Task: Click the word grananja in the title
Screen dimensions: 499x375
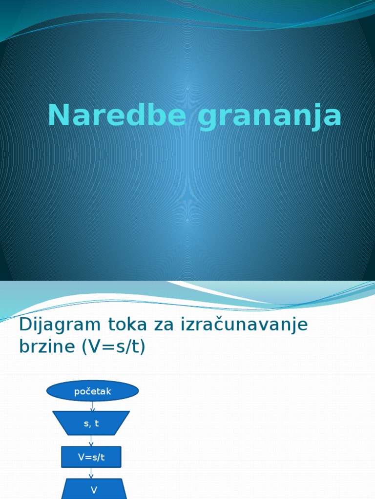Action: coord(270,117)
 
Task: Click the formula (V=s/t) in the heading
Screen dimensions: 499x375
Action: coord(114,347)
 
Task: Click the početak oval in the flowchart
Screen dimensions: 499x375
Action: coord(93,391)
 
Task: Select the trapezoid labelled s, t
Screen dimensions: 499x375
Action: coord(91,423)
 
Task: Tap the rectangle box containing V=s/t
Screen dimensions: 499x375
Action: coord(91,457)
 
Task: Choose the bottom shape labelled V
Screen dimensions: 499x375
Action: coord(94,489)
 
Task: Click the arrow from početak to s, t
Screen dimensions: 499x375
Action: coord(92,406)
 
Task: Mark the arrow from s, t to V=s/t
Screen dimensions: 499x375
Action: coord(91,441)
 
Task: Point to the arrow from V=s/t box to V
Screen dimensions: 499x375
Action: coord(91,473)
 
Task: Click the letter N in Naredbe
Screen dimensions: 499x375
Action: coord(59,116)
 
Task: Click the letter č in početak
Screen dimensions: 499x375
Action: coord(90,391)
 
